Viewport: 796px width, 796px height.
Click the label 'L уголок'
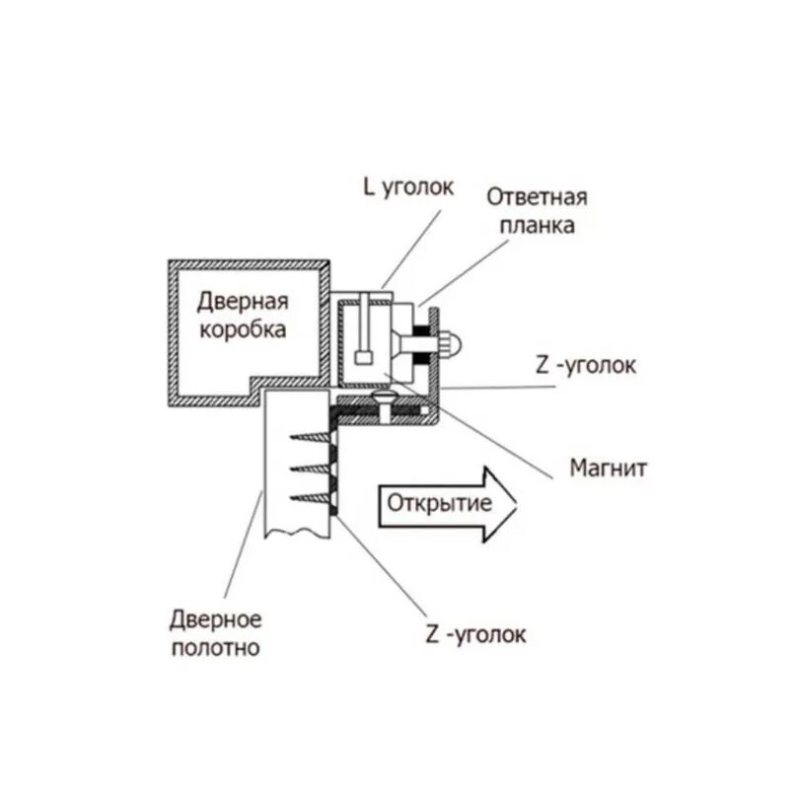(x=407, y=186)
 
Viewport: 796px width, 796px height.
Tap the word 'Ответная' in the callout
(x=537, y=196)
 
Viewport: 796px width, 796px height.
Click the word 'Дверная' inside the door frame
(x=242, y=301)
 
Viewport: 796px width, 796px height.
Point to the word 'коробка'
(x=243, y=329)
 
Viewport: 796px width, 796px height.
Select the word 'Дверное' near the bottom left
(x=214, y=620)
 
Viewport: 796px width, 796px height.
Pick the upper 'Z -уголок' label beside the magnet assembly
(x=587, y=366)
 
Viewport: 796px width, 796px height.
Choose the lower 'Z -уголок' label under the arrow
(x=475, y=633)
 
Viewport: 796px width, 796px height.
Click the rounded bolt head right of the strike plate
(x=452, y=342)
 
